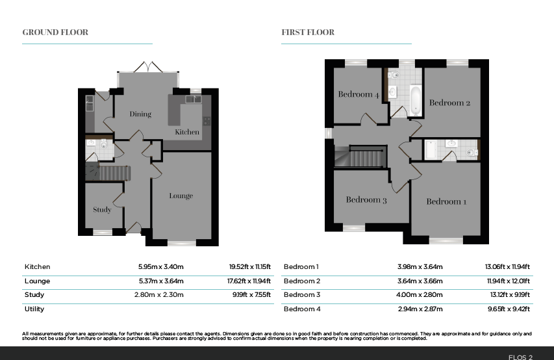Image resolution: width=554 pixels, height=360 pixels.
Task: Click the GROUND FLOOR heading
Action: coord(55,32)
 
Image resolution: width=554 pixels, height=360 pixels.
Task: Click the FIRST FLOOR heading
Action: coord(308,32)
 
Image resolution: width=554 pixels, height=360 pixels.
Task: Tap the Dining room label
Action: coord(140,114)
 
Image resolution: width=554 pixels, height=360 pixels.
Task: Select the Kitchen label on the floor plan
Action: coord(187,132)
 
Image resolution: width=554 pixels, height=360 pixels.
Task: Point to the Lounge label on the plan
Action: coord(181,196)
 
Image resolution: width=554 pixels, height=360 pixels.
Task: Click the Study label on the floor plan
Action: coord(102,210)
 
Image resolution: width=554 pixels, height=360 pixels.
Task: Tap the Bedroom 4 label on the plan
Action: coord(359,94)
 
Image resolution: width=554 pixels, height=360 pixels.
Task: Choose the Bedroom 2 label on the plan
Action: coord(449,103)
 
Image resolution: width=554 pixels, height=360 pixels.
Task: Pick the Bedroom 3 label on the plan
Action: coord(366,199)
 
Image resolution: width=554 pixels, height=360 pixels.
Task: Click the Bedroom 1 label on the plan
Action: coord(446,201)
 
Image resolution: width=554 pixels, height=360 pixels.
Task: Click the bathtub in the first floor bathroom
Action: coord(415,101)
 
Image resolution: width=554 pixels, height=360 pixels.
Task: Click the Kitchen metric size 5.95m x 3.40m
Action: coord(161,267)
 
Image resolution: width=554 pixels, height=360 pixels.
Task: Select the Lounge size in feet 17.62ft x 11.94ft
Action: coord(249,281)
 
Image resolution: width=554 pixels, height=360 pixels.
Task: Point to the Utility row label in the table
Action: coord(34,309)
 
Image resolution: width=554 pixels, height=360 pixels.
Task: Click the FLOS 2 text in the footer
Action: coord(520,357)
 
